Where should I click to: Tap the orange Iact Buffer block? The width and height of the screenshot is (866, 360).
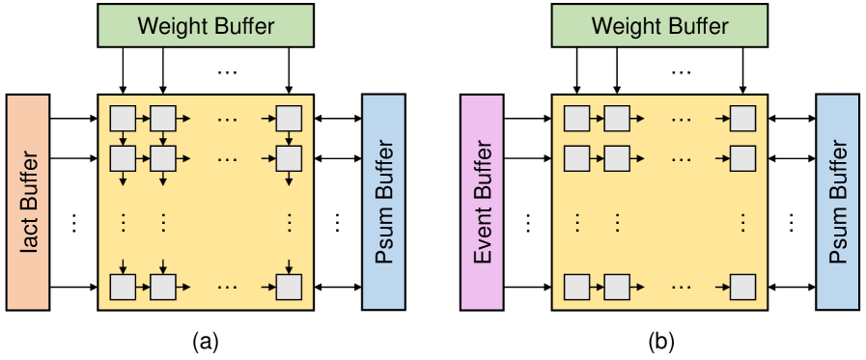click(27, 202)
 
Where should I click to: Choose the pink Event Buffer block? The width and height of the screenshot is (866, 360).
click(481, 202)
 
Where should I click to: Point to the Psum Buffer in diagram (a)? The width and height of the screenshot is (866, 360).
click(383, 202)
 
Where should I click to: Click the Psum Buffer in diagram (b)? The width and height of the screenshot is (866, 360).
click(837, 202)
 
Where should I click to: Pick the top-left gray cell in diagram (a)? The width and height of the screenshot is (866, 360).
click(123, 119)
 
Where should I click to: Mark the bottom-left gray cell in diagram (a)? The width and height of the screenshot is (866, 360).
click(123, 287)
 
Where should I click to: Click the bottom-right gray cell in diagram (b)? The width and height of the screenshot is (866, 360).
click(742, 287)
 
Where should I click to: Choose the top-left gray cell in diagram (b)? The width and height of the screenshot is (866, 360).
click(576, 119)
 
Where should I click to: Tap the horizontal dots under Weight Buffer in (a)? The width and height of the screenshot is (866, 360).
click(229, 71)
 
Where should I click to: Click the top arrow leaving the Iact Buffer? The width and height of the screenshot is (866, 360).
click(72, 119)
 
